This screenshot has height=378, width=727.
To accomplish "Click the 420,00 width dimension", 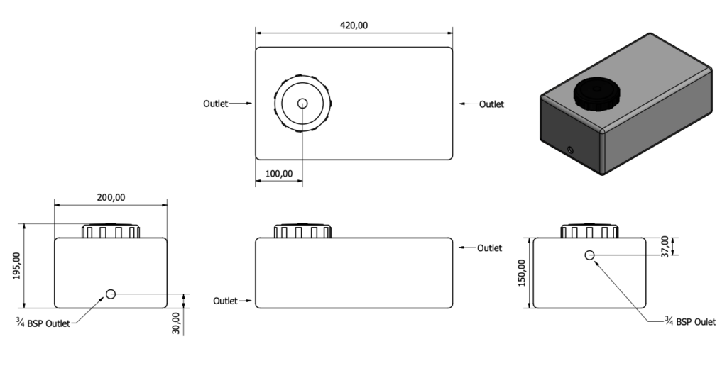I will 354,26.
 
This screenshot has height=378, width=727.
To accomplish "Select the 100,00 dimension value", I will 279,173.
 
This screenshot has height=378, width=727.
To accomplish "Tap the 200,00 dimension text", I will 111,197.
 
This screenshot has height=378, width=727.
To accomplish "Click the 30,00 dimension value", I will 176,322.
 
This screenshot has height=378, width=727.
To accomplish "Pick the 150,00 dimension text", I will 522,273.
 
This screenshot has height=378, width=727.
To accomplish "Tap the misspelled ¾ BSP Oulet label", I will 690,321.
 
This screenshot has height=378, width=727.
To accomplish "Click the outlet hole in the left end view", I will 111,294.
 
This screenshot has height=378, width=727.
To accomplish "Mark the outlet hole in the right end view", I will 589,255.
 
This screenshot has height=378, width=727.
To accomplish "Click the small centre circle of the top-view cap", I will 302,104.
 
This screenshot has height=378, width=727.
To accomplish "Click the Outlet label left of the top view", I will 215,104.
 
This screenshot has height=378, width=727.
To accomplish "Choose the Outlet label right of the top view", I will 491,104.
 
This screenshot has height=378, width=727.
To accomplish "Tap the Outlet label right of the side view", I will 489,248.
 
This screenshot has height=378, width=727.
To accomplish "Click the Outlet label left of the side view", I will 225,301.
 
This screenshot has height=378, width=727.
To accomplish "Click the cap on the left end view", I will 111,231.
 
